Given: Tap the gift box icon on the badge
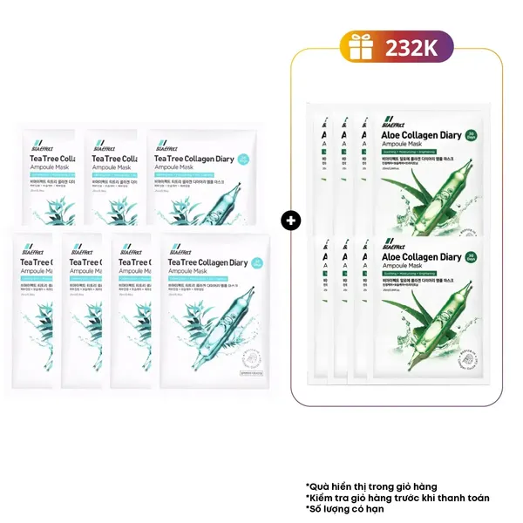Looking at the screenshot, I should tap(357, 47).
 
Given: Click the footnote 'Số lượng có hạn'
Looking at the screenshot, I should tap(347, 510).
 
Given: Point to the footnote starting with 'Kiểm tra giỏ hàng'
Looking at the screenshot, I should tap(397, 498).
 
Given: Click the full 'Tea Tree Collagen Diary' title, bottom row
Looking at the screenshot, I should tap(207, 263).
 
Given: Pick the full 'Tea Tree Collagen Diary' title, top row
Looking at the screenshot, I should tap(193, 160).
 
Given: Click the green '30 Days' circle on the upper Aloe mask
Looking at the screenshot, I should tap(472, 136).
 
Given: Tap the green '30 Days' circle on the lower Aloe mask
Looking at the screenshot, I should tap(472, 258).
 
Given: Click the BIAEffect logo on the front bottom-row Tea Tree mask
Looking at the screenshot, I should tap(180, 247).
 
